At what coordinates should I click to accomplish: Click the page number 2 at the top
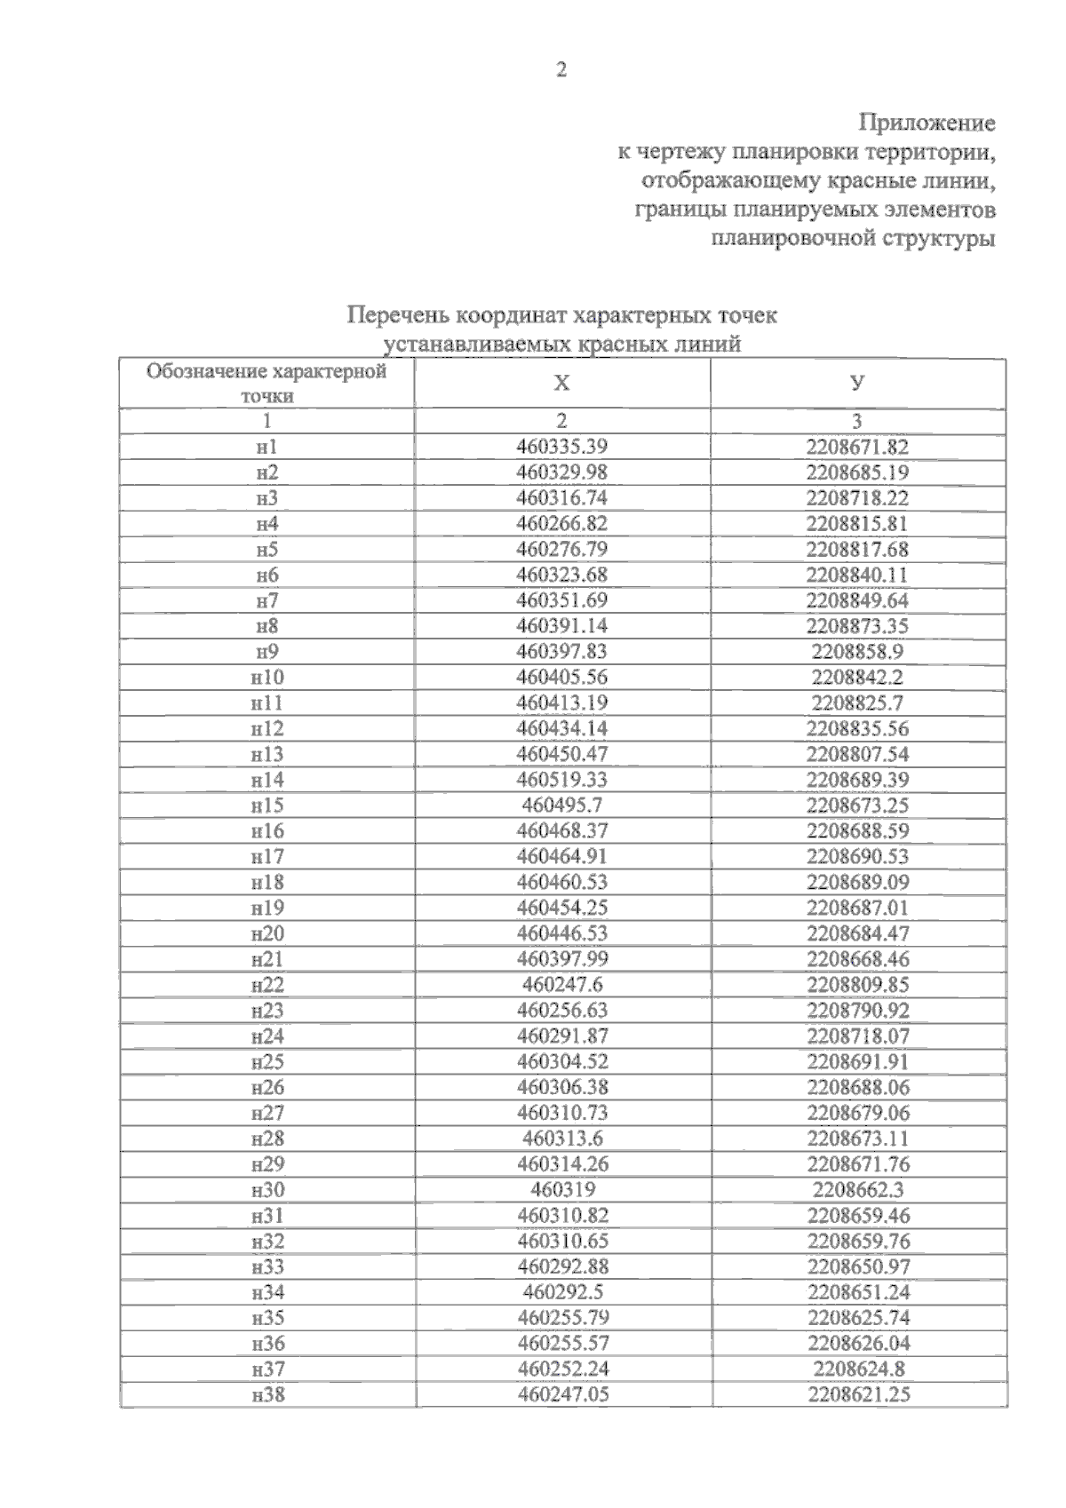[561, 70]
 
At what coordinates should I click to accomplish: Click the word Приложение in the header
[927, 123]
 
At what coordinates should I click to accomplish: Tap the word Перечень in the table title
[398, 316]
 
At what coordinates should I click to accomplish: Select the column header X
[561, 383]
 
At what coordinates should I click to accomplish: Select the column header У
[857, 383]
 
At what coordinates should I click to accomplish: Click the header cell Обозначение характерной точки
[266, 383]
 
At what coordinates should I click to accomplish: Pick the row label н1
[266, 448]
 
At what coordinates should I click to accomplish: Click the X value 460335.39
[561, 448]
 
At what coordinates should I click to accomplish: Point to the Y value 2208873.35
[857, 626]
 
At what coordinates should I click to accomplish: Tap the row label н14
[266, 781]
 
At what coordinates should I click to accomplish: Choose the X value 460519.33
[561, 781]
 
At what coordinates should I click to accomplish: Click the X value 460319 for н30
[561, 1190]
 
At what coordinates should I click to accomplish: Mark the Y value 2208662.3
[857, 1190]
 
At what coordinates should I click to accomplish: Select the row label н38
[266, 1395]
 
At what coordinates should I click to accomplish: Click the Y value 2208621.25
[858, 1395]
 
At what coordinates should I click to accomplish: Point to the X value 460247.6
[561, 985]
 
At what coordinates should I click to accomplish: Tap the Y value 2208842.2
[857, 678]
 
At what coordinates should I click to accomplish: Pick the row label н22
[266, 985]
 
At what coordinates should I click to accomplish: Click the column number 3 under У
[857, 421]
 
